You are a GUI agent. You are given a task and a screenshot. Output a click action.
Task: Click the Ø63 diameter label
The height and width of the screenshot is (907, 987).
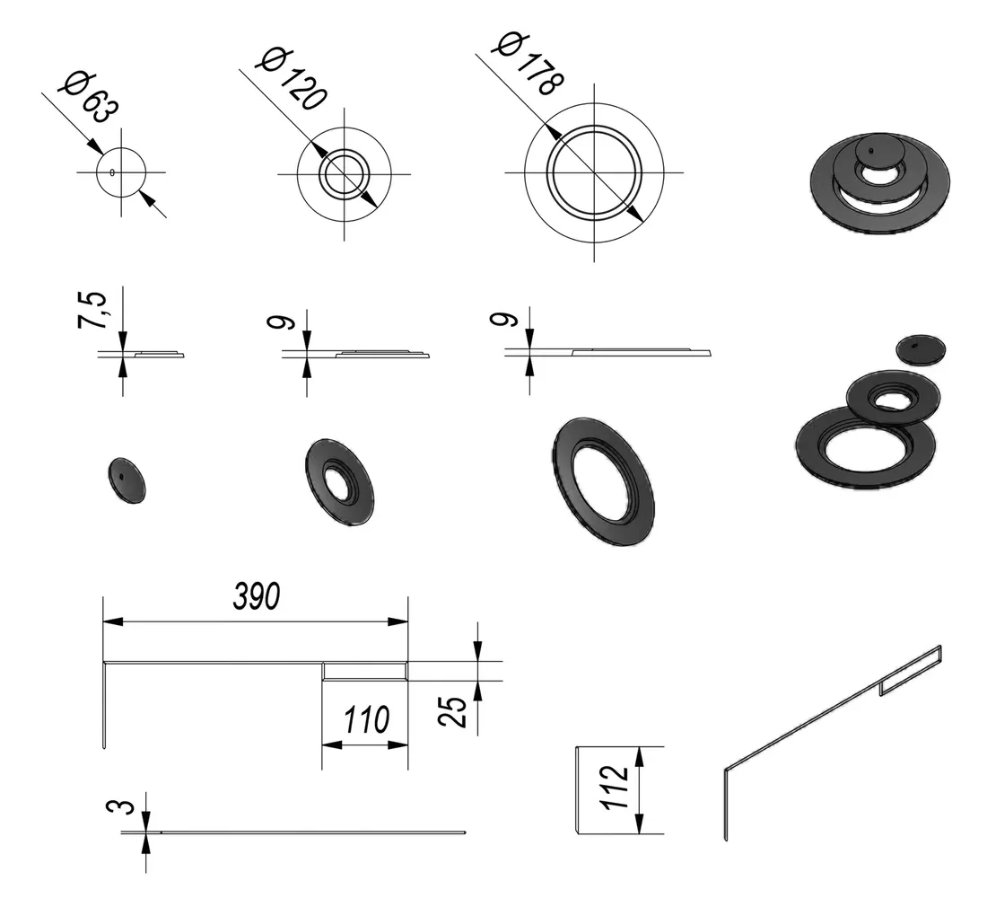pyautogui.click(x=88, y=98)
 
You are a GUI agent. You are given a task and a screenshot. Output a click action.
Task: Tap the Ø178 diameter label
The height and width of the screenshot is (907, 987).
pyautogui.click(x=530, y=63)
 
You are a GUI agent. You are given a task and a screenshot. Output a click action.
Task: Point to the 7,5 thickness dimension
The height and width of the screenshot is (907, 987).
pyautogui.click(x=92, y=310)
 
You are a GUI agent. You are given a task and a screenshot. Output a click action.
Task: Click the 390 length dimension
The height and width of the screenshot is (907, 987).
pyautogui.click(x=257, y=596)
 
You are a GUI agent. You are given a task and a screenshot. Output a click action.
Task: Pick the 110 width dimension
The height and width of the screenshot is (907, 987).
pyautogui.click(x=367, y=719)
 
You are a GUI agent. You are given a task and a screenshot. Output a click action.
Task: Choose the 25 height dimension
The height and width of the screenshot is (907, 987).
pyautogui.click(x=453, y=711)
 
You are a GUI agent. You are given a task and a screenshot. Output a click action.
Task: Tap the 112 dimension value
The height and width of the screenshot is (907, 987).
pyautogui.click(x=615, y=788)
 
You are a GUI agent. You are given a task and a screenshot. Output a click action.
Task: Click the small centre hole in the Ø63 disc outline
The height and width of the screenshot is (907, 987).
pyautogui.click(x=112, y=172)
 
